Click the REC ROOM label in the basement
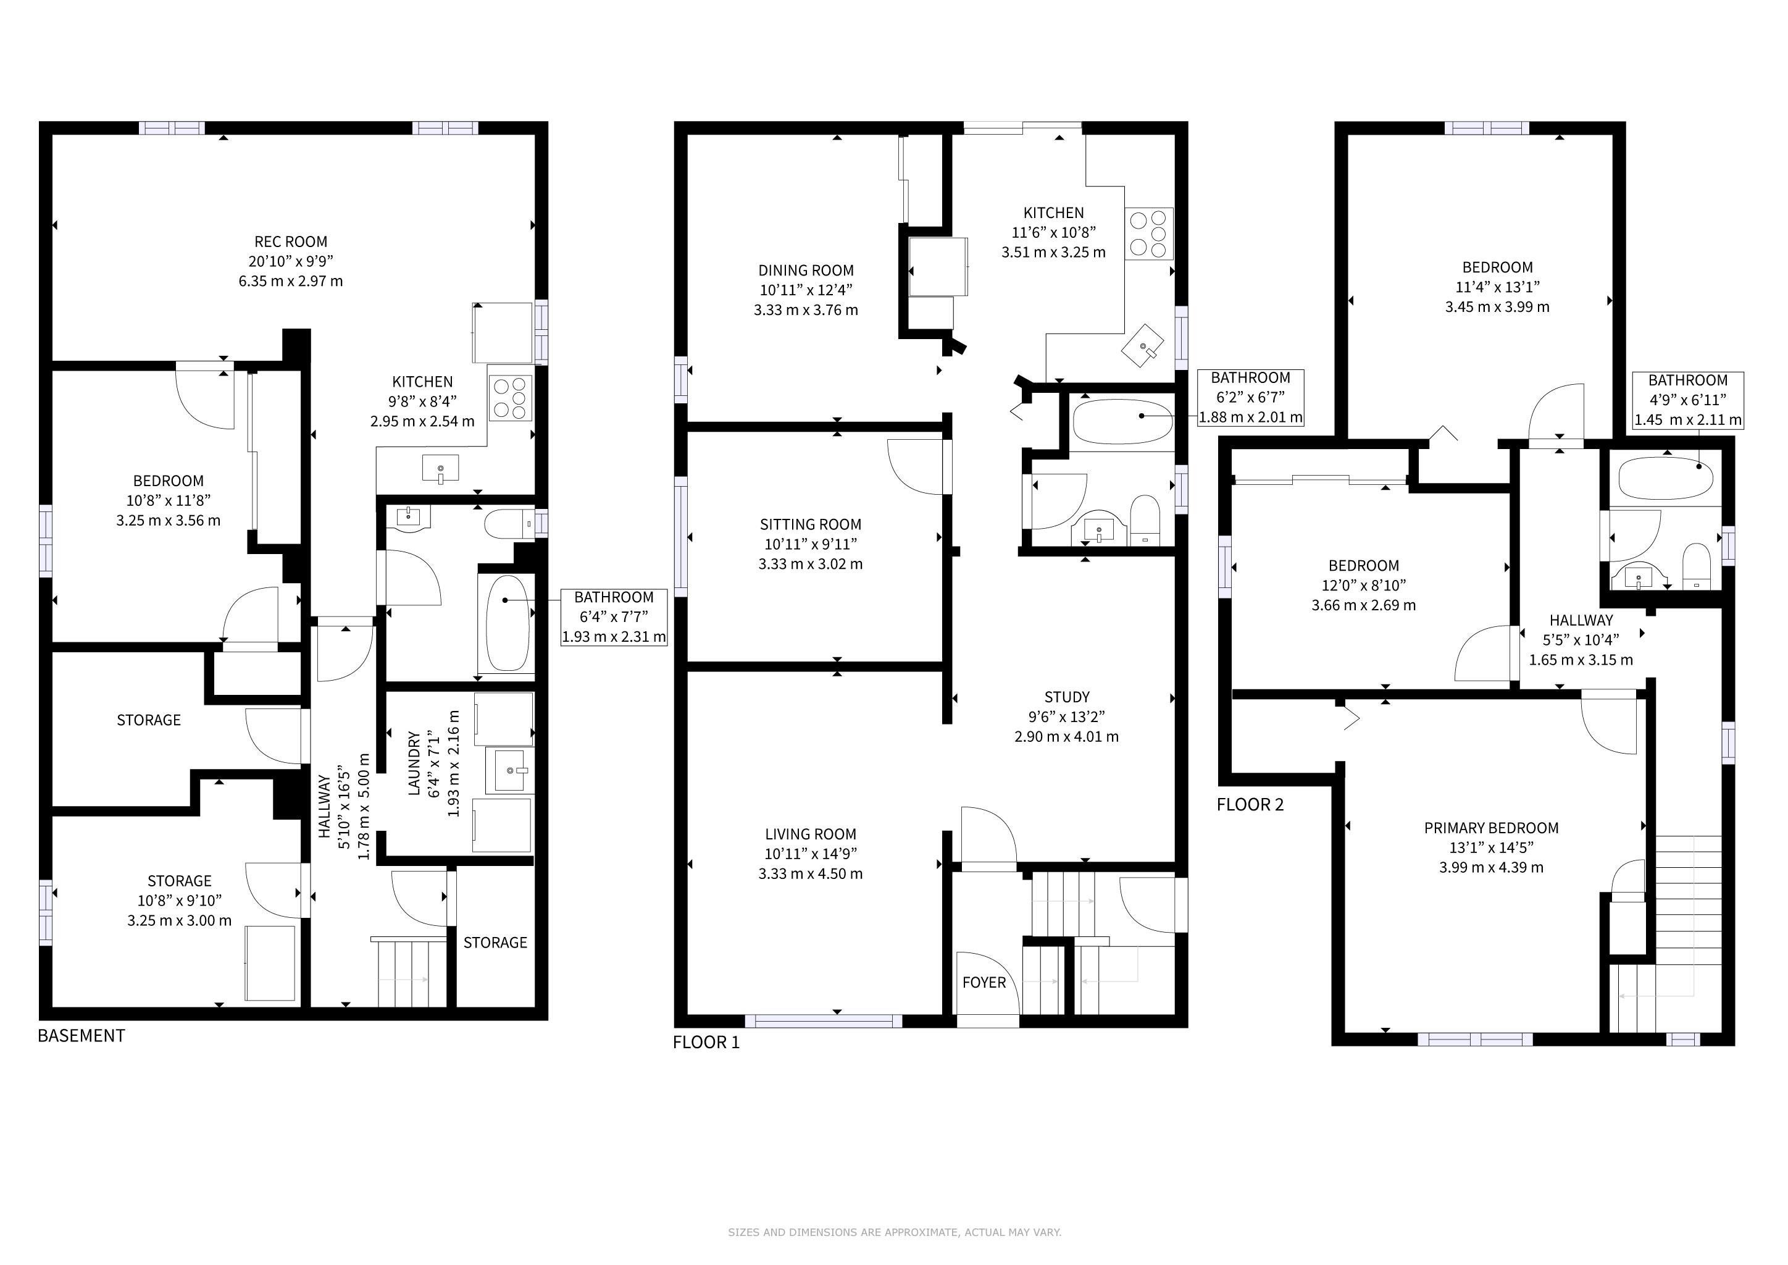(x=290, y=242)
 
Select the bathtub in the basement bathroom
(x=508, y=623)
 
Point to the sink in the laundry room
(x=510, y=770)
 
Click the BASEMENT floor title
(x=81, y=1035)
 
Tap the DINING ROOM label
(x=806, y=271)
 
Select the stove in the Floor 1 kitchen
(x=1150, y=233)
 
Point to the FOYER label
(x=984, y=982)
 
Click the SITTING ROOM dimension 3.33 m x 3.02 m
(x=811, y=564)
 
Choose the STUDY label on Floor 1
(x=1067, y=697)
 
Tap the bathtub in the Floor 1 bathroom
(x=1122, y=421)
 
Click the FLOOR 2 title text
(x=1251, y=805)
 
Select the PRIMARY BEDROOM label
(x=1491, y=828)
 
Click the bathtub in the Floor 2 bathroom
(x=1666, y=477)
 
